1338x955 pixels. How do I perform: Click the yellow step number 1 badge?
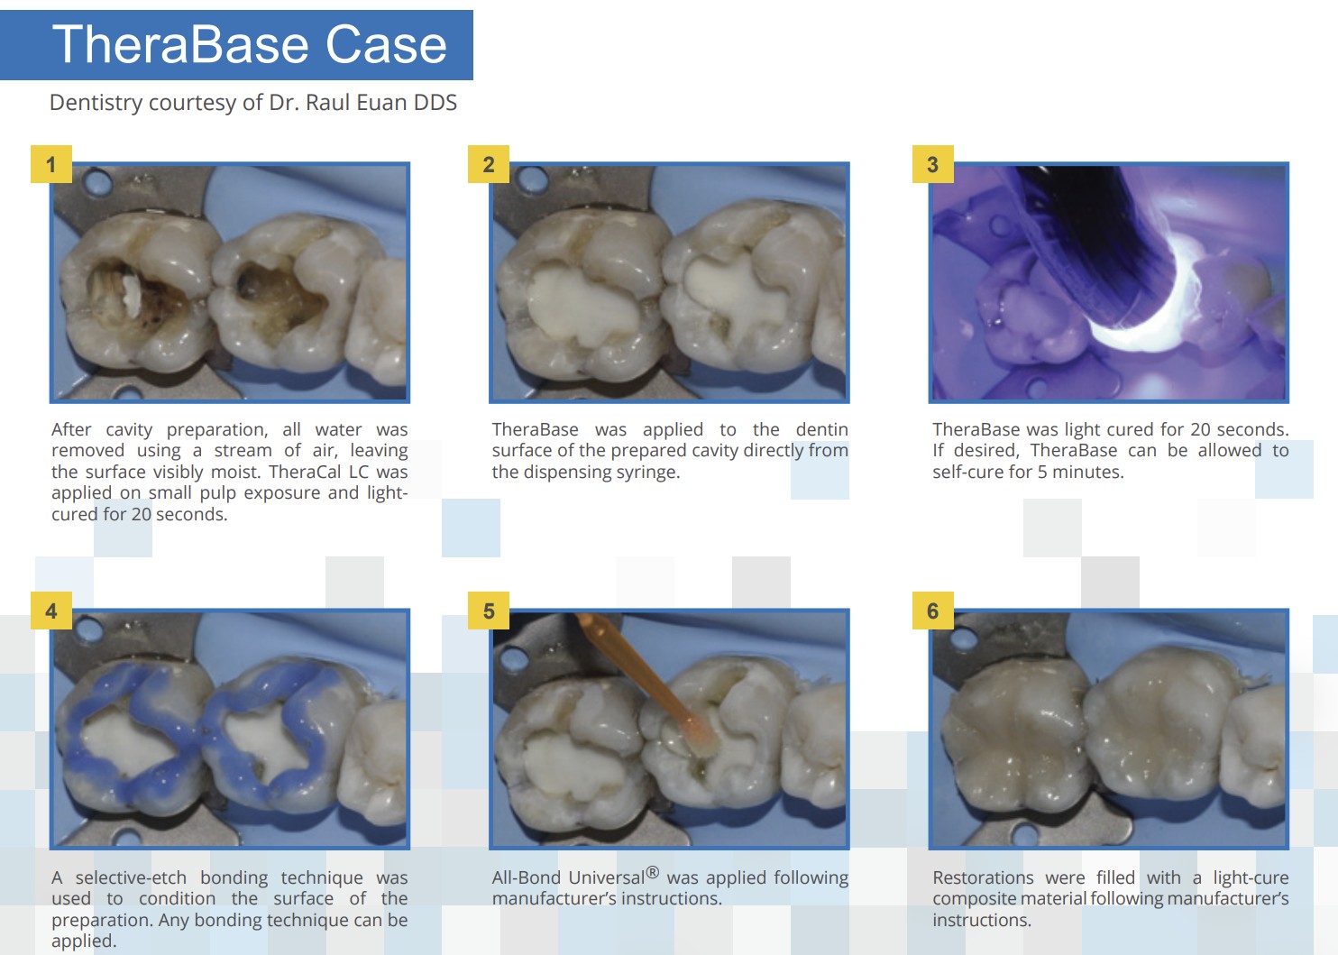tap(51, 164)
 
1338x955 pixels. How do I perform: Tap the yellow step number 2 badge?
tap(489, 164)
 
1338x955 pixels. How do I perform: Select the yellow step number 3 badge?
tap(933, 164)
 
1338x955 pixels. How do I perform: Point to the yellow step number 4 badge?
tap(51, 611)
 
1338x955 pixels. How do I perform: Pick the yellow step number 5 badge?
tap(489, 611)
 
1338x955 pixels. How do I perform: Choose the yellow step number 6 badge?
tap(933, 611)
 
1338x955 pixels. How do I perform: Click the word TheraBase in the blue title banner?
tap(180, 45)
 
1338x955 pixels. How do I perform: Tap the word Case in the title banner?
tap(386, 45)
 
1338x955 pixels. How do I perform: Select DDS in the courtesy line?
tap(435, 102)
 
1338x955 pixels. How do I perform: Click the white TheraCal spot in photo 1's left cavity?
tap(131, 296)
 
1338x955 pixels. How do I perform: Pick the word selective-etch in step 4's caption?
tap(131, 877)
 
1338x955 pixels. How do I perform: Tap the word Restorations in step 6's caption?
tap(983, 877)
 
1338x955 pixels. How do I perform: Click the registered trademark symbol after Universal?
tap(652, 873)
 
